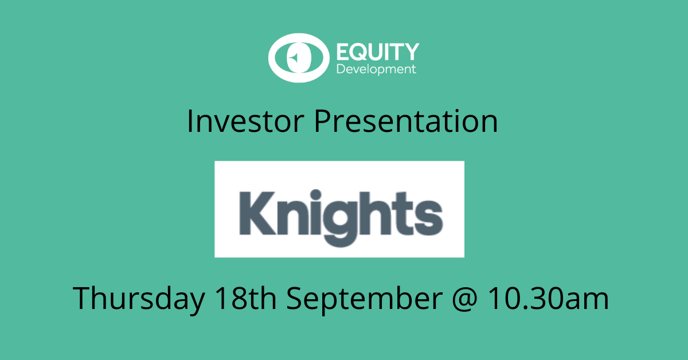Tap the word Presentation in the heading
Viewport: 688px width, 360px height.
pos(406,122)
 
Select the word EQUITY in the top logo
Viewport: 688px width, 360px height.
pos(378,52)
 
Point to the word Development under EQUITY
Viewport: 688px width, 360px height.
pos(376,69)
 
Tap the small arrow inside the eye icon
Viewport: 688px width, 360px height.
pos(294,57)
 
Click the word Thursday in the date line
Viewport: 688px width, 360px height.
pos(139,299)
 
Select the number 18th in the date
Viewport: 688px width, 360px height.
pos(246,298)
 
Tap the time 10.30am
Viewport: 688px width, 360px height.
pos(548,298)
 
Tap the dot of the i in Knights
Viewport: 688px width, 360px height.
pos(316,195)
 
